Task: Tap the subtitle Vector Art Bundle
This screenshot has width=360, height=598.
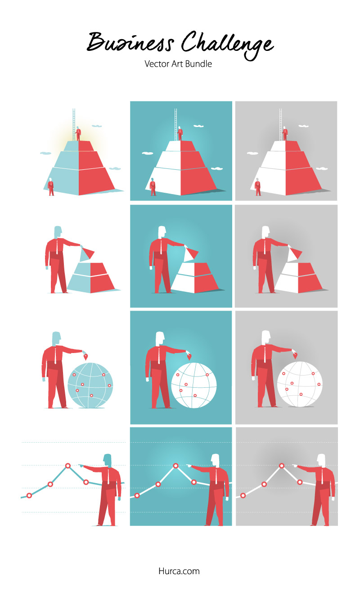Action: tap(178, 64)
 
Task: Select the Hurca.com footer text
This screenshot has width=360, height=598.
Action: tap(179, 571)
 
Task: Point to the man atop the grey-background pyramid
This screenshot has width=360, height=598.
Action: tap(285, 133)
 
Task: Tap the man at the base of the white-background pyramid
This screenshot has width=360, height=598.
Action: tap(51, 186)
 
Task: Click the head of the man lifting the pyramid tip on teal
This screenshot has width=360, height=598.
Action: tap(162, 231)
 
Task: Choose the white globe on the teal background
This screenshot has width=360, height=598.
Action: tap(193, 385)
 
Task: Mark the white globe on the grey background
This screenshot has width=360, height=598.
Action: tap(299, 385)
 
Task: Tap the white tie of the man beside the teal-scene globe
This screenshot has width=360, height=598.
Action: tap(159, 356)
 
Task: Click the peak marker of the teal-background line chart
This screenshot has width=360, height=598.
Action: tap(175, 465)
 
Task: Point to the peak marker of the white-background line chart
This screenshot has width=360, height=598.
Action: tap(68, 466)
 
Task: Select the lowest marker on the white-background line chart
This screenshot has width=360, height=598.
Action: tap(29, 495)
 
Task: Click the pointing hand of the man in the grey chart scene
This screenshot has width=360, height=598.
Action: tap(295, 465)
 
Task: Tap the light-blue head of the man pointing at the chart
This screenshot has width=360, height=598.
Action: tap(108, 460)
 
